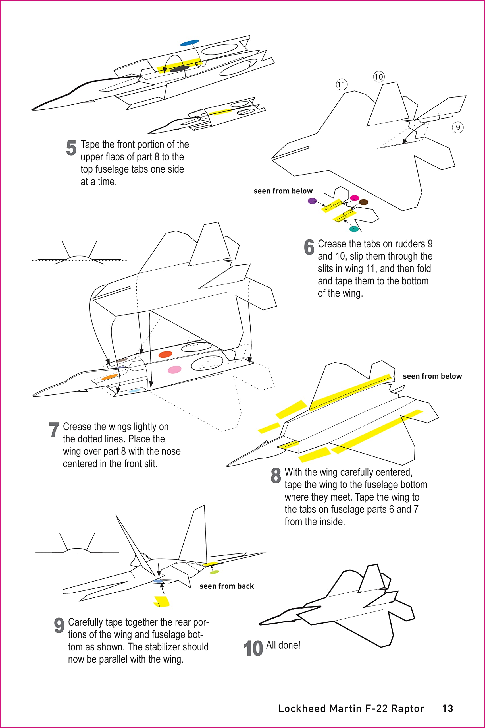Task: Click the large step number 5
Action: click(x=71, y=148)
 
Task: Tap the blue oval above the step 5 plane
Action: click(x=189, y=42)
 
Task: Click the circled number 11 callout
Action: click(x=342, y=84)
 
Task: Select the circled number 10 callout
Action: click(x=379, y=77)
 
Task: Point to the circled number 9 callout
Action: click(x=457, y=127)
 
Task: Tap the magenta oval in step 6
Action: click(x=354, y=198)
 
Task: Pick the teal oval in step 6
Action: click(x=353, y=229)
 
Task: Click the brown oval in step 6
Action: click(x=363, y=202)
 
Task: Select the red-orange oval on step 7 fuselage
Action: click(x=165, y=354)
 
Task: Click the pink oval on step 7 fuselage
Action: click(x=174, y=369)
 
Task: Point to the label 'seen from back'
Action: click(x=226, y=586)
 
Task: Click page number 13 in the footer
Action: click(x=447, y=708)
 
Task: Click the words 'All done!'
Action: click(x=283, y=645)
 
